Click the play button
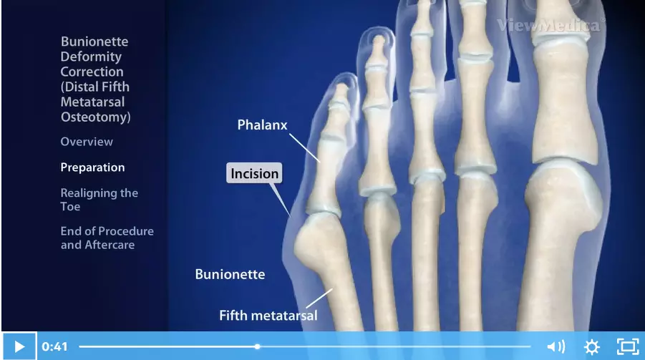click(19, 346)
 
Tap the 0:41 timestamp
click(54, 347)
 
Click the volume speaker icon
click(556, 347)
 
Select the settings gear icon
click(591, 347)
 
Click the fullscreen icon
click(628, 346)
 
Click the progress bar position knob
click(257, 347)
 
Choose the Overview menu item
click(87, 142)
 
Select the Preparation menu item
click(92, 167)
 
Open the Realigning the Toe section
click(99, 200)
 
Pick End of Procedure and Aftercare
click(107, 238)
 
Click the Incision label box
click(254, 173)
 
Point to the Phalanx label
click(262, 125)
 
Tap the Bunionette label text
click(230, 274)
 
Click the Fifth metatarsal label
click(268, 316)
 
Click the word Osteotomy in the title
click(95, 117)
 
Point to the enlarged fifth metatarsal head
click(315, 240)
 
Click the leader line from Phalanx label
click(304, 147)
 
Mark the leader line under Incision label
click(280, 200)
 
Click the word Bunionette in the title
click(94, 42)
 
